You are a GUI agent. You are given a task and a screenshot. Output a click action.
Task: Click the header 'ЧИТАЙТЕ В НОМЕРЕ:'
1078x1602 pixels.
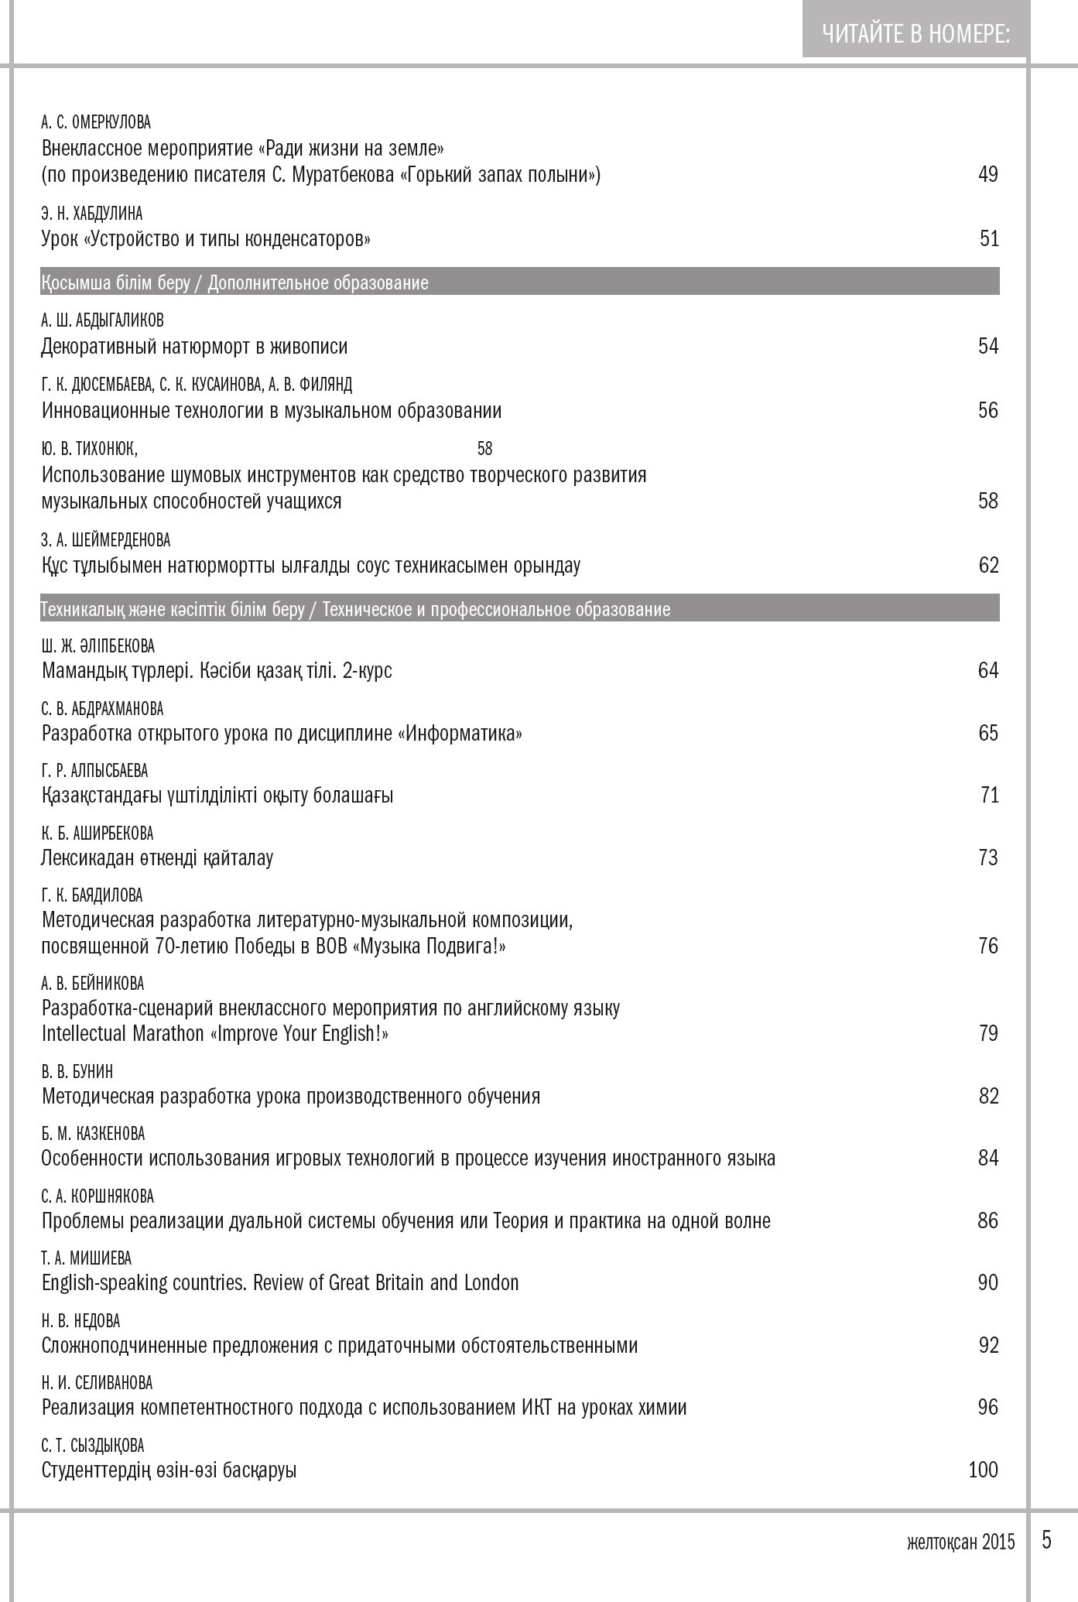click(x=915, y=34)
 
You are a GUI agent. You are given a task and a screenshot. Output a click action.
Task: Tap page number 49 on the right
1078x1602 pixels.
click(x=988, y=175)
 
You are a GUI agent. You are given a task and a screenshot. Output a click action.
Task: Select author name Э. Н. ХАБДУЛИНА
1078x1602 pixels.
click(x=92, y=214)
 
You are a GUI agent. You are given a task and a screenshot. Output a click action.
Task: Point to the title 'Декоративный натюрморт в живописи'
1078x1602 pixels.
click(x=194, y=347)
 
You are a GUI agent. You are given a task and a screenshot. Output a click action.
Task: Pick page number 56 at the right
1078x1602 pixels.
click(x=988, y=410)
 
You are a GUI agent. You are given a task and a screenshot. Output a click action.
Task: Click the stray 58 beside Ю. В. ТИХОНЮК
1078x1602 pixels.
click(x=484, y=449)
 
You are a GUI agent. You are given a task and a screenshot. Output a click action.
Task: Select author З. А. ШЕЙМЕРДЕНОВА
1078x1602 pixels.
click(x=105, y=540)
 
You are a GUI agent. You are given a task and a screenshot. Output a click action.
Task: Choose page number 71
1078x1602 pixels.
click(x=990, y=796)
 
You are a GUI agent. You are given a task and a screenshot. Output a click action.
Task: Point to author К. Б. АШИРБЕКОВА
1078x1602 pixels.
click(x=98, y=834)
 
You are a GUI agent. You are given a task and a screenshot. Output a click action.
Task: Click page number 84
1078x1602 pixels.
click(x=988, y=1159)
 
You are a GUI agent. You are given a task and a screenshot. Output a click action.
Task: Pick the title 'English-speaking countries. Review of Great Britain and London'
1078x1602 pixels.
click(x=280, y=1283)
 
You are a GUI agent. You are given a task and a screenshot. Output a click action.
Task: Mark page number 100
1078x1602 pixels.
click(x=983, y=1470)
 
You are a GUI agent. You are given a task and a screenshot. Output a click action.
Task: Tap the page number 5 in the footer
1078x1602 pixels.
click(x=1047, y=1540)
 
